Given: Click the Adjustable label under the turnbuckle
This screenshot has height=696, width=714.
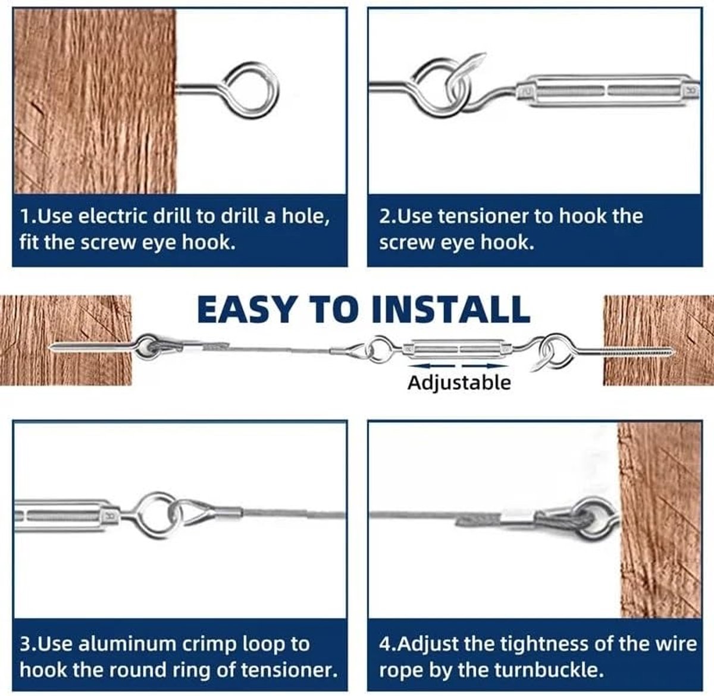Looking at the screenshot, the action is (459, 383).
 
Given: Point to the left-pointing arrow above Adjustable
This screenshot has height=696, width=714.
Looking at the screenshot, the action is (431, 366).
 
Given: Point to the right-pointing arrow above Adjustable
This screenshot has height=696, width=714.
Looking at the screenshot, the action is (485, 366).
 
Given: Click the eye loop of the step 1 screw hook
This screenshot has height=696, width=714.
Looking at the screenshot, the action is (252, 90).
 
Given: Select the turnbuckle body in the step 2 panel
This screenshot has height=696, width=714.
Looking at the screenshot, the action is (608, 90).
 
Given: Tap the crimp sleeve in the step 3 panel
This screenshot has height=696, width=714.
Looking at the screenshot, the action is (227, 511).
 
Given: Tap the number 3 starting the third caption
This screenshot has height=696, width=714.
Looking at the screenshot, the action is (24, 644).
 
